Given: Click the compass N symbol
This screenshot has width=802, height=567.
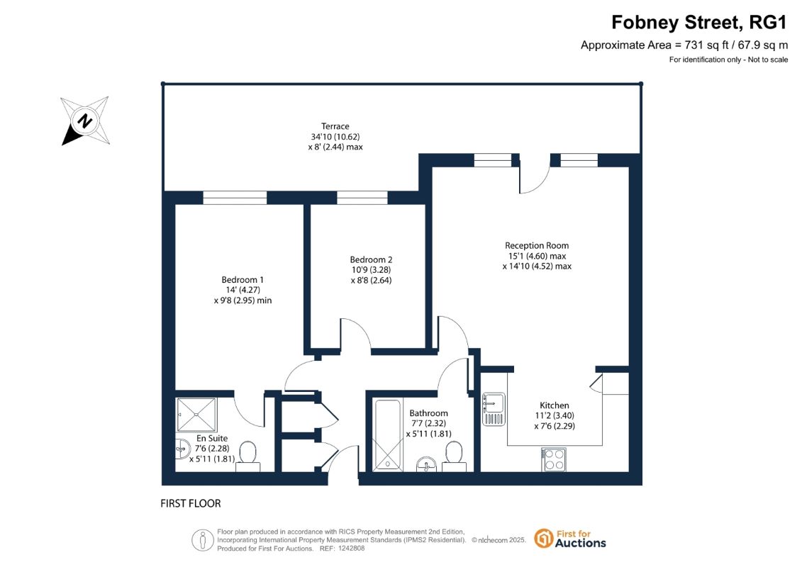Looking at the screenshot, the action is click(x=85, y=121).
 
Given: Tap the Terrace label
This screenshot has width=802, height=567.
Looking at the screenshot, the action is click(x=335, y=126).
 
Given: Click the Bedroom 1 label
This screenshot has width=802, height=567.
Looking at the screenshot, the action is click(x=243, y=280).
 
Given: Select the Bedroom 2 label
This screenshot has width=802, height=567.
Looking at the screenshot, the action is click(x=371, y=259).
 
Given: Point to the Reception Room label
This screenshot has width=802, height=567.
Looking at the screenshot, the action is click(x=537, y=245).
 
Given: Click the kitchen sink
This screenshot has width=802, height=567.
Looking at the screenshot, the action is click(x=494, y=409).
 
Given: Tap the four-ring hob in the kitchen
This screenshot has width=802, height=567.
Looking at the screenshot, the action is click(x=554, y=459).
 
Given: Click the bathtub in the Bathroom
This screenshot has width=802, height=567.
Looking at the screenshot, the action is click(x=388, y=435).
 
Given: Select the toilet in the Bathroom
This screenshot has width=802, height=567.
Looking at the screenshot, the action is click(x=454, y=456).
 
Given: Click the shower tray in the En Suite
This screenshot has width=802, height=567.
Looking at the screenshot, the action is click(x=196, y=415).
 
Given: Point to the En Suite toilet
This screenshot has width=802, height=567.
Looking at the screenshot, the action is click(x=248, y=456).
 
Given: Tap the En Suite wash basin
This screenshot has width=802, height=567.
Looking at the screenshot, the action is click(x=183, y=449).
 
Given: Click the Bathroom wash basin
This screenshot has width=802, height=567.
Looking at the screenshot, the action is click(x=427, y=464).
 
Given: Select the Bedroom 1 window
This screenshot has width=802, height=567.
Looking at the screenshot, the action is click(x=235, y=197).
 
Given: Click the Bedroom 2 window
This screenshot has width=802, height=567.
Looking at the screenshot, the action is click(x=362, y=197).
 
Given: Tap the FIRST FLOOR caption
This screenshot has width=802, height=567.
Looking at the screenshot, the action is click(x=190, y=504).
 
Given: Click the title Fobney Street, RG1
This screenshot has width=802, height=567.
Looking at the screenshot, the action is click(x=698, y=23).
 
